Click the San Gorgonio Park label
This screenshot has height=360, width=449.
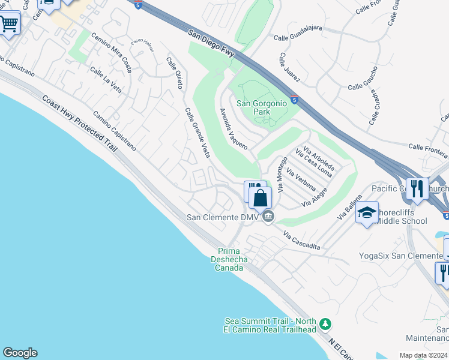coord(261,107)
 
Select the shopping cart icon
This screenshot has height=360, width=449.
coord(8,25)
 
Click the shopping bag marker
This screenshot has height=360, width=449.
coord(261,197)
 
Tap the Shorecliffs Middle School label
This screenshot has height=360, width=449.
coord(400,216)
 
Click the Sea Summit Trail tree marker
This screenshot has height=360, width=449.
coord(325,324)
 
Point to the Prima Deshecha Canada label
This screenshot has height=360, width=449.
coord(229,259)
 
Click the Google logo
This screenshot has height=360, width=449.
coord(20,353)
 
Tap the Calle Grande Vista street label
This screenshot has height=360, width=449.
coord(197,133)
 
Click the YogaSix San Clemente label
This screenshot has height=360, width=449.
coord(400,256)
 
